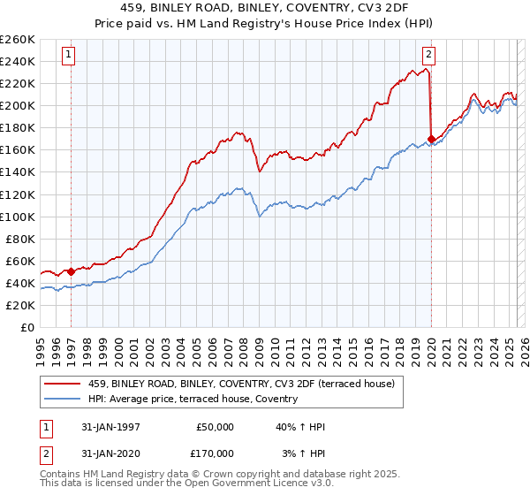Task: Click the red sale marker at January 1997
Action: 71,271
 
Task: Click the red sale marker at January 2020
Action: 431,139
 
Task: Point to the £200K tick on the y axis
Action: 18,105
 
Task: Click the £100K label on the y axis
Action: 18,217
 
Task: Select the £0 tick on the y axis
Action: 26,327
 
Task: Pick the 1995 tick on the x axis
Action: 40,346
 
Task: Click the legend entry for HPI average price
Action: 193,399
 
